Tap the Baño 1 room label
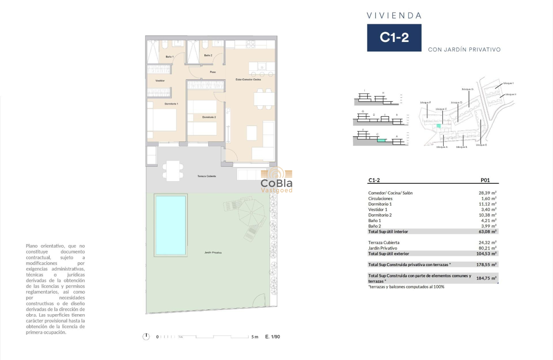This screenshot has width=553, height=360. (169, 57)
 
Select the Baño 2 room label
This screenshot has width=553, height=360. (208, 55)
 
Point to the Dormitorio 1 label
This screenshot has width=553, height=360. (171, 104)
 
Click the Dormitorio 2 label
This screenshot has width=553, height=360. (209, 117)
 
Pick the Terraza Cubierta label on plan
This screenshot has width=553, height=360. (207, 176)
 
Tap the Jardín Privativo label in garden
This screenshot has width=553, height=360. (213, 252)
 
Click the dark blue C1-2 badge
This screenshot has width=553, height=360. (394, 38)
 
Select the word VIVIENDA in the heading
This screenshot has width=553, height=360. (394, 16)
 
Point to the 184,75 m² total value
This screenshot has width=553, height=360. (486, 278)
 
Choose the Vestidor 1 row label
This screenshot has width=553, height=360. (378, 210)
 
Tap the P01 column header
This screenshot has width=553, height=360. (486, 180)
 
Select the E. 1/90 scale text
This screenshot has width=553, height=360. (273, 337)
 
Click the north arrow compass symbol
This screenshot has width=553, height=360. (147, 336)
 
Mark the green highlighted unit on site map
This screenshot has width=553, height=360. (438, 126)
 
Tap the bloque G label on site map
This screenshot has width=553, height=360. (467, 89)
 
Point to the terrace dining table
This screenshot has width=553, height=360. (173, 170)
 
